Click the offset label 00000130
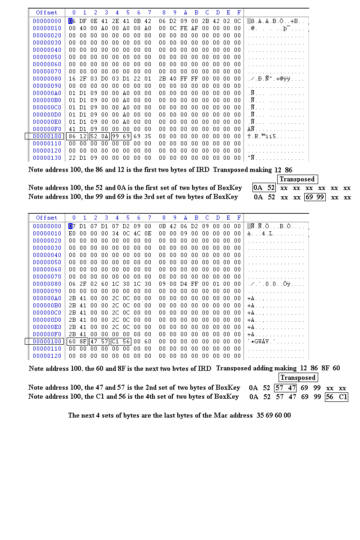pyautogui.click(x=47, y=158)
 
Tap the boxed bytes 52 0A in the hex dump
pyautogui.click(x=99, y=136)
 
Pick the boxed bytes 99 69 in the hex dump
pyautogui.click(x=121, y=136)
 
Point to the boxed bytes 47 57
pyautogui.click(x=99, y=342)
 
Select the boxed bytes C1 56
pyautogui.click(x=121, y=342)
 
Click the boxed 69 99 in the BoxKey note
pyautogui.click(x=315, y=197)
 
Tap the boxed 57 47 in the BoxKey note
pyautogui.click(x=286, y=388)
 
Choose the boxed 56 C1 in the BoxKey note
pyautogui.click(x=337, y=397)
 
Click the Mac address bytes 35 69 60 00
pyautogui.click(x=274, y=415)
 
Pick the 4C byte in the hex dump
pyautogui.click(x=139, y=234)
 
